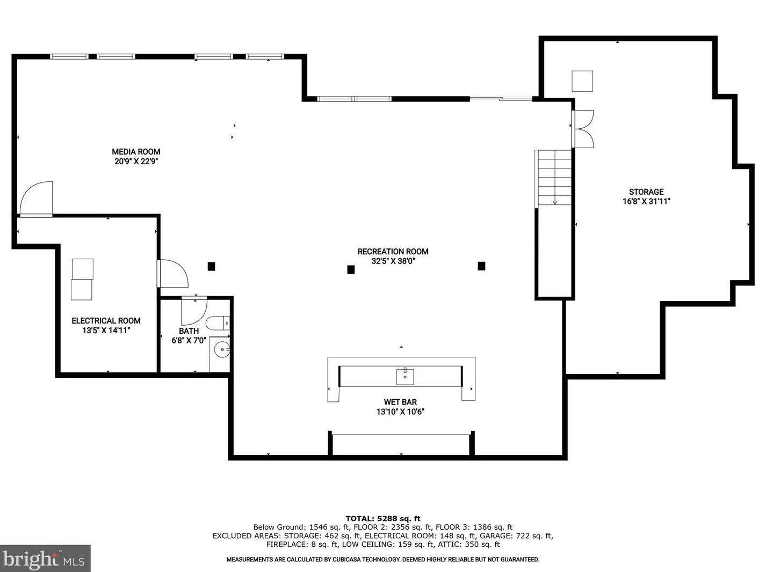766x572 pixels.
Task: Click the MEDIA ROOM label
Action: click(136, 152)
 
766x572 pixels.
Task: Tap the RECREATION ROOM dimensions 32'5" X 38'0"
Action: click(393, 261)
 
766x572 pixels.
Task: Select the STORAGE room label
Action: click(646, 192)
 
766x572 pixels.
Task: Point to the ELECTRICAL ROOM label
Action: click(106, 321)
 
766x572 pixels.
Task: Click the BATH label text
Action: click(189, 331)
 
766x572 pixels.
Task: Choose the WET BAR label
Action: click(400, 402)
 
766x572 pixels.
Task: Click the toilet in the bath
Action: click(218, 323)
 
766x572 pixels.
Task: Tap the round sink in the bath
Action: click(222, 349)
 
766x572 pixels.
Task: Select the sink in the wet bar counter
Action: click(405, 377)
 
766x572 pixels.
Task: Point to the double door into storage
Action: click(582, 129)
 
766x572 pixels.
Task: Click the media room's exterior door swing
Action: click(36, 199)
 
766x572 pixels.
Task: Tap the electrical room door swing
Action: click(173, 274)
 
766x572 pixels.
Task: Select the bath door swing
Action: click(194, 311)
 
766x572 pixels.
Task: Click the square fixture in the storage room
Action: click(582, 81)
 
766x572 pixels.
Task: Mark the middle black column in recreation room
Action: click(351, 269)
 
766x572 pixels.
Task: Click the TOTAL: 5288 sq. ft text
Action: click(383, 519)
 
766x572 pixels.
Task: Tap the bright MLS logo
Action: click(45, 559)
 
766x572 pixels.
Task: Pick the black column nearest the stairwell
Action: click(482, 266)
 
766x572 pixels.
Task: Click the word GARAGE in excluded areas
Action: click(495, 536)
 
